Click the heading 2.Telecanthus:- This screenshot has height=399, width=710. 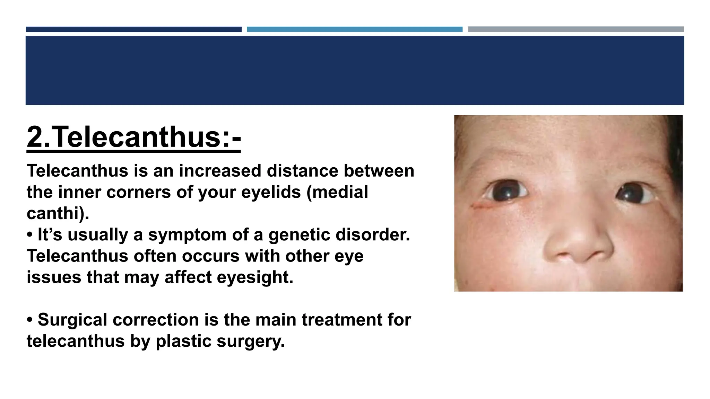pos(133,138)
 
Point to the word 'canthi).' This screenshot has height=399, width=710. pos(58,213)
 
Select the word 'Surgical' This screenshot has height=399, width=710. pos(72,320)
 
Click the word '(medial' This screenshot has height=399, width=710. pos(337,192)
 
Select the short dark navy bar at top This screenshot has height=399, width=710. pos(133,29)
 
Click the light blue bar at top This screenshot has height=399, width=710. pos(354,29)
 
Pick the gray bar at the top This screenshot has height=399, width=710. pos(576,29)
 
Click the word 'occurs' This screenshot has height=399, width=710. pos(210,256)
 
